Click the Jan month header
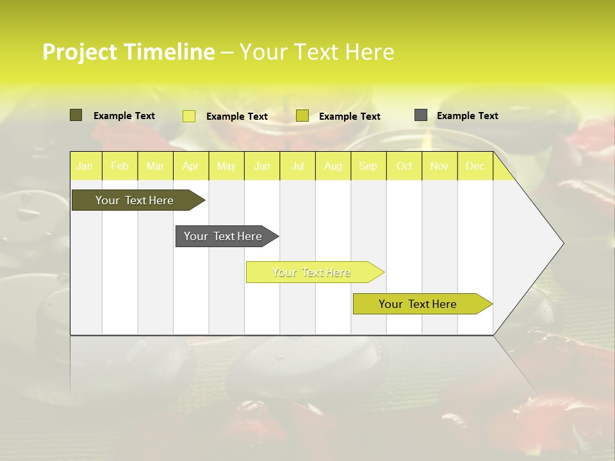(x=85, y=166)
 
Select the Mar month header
(x=155, y=166)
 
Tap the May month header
(x=226, y=166)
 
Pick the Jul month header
(x=297, y=166)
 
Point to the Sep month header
(x=368, y=166)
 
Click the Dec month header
(x=475, y=166)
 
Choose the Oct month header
(x=404, y=166)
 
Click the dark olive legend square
(x=76, y=115)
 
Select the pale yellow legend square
(x=189, y=116)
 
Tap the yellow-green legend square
(x=302, y=116)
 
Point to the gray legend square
(x=421, y=115)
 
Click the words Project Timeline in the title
(x=128, y=52)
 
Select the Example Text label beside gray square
(x=467, y=116)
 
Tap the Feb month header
(x=120, y=166)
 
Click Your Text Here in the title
(x=316, y=52)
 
